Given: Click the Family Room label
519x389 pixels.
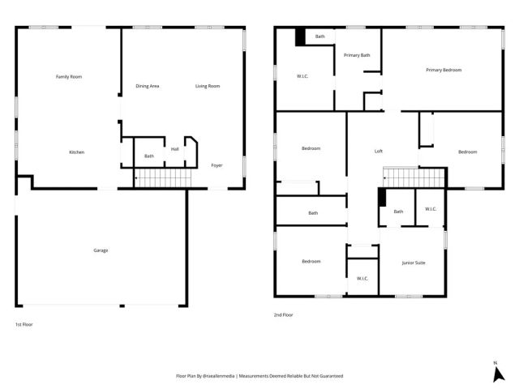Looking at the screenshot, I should click(69, 76).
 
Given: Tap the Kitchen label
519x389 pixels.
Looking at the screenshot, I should click(76, 152).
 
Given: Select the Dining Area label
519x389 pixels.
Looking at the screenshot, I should click(147, 86).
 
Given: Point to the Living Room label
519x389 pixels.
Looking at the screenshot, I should click(208, 86).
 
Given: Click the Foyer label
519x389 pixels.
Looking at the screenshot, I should click(217, 165).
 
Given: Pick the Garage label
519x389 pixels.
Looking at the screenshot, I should click(101, 250).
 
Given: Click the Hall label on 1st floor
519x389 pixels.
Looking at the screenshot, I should click(174, 149).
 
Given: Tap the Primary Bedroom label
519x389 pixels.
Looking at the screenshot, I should click(444, 71).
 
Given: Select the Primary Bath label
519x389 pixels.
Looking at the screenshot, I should click(357, 55).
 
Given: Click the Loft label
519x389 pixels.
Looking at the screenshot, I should click(378, 152).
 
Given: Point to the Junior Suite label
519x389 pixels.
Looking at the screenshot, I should click(414, 263).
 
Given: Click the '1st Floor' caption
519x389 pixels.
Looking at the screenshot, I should click(24, 324).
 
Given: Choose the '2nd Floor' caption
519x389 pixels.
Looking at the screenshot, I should click(283, 314).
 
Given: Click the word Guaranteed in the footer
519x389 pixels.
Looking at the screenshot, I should click(328, 377).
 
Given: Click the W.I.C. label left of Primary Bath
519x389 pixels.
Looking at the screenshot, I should click(302, 77).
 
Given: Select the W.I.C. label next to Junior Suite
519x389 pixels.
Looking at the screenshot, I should click(431, 209).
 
